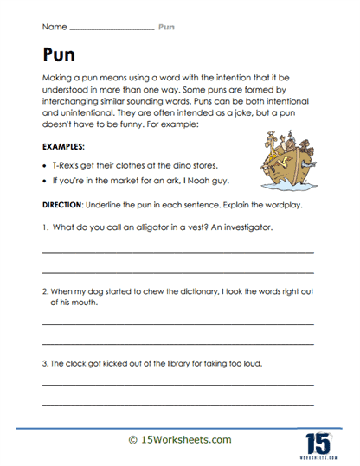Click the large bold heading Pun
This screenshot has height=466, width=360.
pos(59,55)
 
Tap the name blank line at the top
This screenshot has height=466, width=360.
pos(115,29)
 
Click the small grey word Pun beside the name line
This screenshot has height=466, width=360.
pos(166,27)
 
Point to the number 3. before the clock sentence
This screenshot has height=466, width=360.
pos(45,363)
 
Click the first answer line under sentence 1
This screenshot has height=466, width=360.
pos(177,251)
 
